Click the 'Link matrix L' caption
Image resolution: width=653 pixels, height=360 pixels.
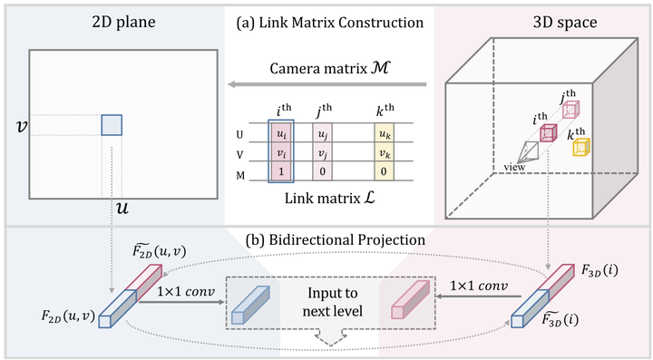tap(326, 197)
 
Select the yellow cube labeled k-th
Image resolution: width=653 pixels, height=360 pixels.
tap(580, 148)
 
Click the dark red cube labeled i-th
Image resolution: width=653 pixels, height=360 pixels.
tap(548, 133)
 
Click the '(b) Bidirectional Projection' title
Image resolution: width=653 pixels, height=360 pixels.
tap(326, 239)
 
